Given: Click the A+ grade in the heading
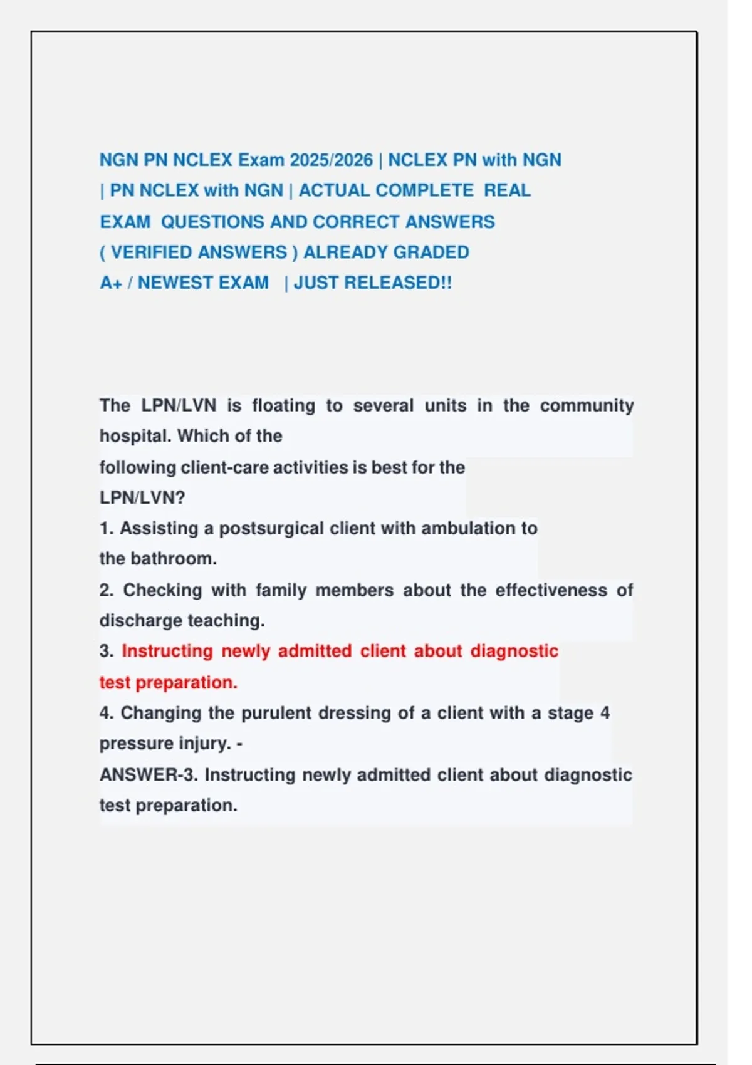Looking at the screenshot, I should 111,283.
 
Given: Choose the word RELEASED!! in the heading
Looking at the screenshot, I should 398,283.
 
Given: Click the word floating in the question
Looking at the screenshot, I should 283,406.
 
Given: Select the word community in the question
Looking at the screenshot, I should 587,406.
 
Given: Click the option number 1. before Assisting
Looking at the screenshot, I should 107,529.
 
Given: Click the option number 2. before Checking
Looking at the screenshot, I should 107,590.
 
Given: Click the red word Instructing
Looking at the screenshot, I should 167,652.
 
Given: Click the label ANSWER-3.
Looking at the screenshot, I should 149,775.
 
